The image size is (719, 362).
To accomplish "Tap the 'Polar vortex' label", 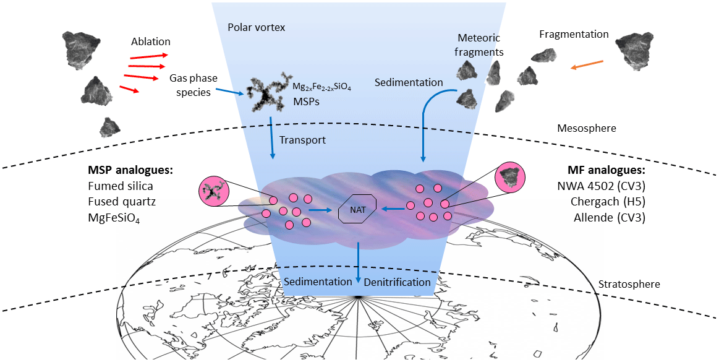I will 256,28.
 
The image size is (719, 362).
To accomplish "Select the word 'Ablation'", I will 150,42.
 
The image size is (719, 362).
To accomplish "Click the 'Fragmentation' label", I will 574,34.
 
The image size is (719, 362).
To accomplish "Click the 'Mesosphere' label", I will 587,128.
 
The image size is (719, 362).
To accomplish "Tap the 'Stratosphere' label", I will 629,285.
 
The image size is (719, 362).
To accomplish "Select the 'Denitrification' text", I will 398,282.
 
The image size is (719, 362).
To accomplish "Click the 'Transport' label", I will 302,140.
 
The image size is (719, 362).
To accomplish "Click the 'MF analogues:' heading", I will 606,170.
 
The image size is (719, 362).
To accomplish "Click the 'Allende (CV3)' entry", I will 610,217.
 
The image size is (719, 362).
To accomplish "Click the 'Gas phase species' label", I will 190,85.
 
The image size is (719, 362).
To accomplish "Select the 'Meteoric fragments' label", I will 480,45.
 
